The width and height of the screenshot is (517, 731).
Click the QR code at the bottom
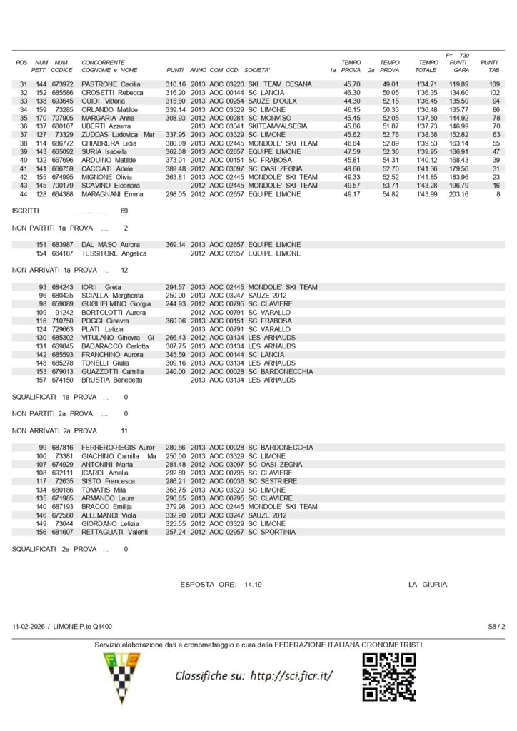tap(389, 677)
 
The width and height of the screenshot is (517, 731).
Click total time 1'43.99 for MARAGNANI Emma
tap(427, 194)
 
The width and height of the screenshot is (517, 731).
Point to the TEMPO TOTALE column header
tap(427, 66)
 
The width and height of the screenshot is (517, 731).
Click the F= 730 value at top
tap(457, 55)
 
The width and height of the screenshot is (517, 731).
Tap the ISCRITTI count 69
tap(124, 211)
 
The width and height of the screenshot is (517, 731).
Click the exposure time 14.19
tap(253, 584)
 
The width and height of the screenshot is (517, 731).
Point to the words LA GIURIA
tap(428, 584)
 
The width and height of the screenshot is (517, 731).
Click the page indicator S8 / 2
tap(496, 626)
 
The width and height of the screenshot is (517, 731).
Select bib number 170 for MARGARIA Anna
tap(41, 118)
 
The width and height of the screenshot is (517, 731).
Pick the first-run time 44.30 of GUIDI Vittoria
tap(351, 101)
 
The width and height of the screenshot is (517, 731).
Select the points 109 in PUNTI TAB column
tap(494, 84)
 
